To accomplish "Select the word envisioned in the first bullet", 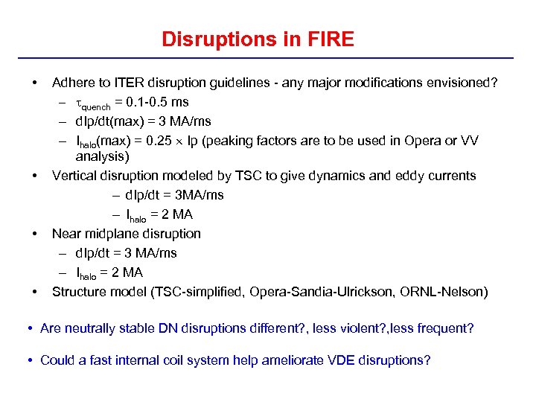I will tap(461, 83).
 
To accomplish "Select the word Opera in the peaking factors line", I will tap(421, 141).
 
